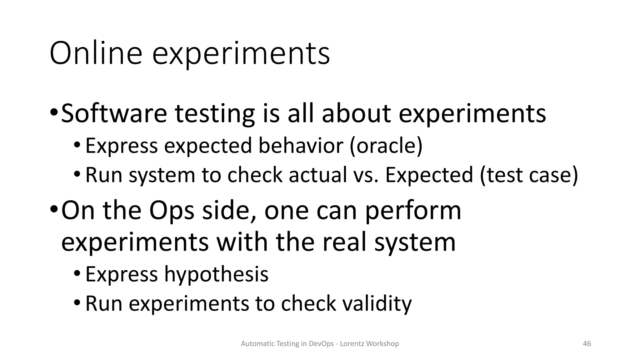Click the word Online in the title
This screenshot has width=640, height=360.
click(96, 53)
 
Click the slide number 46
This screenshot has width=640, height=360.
click(587, 344)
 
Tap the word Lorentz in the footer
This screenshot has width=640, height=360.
click(352, 344)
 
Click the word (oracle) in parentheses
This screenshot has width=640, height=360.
click(386, 146)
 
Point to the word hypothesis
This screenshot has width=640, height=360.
click(216, 274)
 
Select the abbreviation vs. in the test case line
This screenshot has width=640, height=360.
click(366, 175)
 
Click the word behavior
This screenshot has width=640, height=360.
click(301, 146)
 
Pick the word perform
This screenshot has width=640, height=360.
click(413, 211)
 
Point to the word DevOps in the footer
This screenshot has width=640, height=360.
click(321, 344)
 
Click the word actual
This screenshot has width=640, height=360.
click(317, 175)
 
